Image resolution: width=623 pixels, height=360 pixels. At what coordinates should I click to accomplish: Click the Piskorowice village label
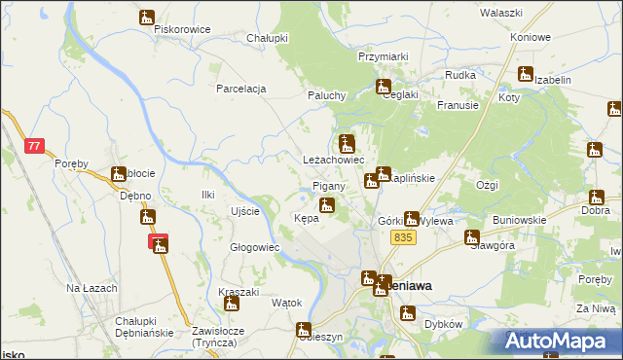[x=182, y=29]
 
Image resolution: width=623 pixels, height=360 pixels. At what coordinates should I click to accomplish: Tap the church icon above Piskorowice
[x=147, y=17]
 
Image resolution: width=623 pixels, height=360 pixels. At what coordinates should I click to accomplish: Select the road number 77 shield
[x=34, y=146]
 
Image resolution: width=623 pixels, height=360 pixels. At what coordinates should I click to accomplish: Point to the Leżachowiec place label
[x=332, y=159]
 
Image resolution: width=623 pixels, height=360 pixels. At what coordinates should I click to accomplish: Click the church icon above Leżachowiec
[x=346, y=142]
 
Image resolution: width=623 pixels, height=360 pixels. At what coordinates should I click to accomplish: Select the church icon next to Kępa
[x=328, y=205]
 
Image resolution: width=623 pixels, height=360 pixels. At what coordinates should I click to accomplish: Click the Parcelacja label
[x=241, y=89]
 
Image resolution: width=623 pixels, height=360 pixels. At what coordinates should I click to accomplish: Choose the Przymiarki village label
[x=383, y=56]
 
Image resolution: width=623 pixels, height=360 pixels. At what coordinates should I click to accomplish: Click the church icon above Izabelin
[x=526, y=73]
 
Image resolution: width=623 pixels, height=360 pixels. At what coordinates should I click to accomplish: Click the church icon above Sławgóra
[x=472, y=236]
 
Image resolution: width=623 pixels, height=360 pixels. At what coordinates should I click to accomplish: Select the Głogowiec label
[x=254, y=247]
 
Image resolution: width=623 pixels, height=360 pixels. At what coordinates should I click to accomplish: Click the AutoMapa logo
[x=558, y=341]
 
